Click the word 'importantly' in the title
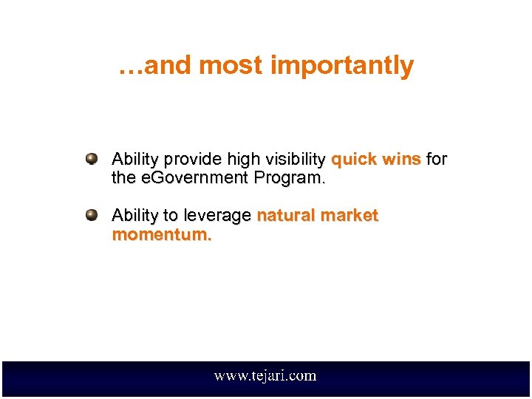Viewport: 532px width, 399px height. [341, 66]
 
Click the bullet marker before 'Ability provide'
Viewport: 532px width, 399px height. [92, 159]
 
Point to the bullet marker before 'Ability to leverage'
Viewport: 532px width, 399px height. [92, 215]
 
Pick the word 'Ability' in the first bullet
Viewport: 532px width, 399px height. [136, 160]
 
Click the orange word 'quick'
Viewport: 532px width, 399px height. [355, 160]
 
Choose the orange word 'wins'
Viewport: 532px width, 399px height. [401, 160]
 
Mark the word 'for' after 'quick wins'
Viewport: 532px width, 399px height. [437, 160]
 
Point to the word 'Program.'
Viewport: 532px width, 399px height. [288, 179]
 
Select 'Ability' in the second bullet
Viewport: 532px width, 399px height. [136, 216]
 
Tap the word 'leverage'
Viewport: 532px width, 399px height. [217, 216]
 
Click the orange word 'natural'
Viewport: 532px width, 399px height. [286, 216]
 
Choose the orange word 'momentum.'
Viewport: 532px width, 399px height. [162, 235]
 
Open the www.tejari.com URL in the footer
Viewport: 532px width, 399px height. [265, 376]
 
